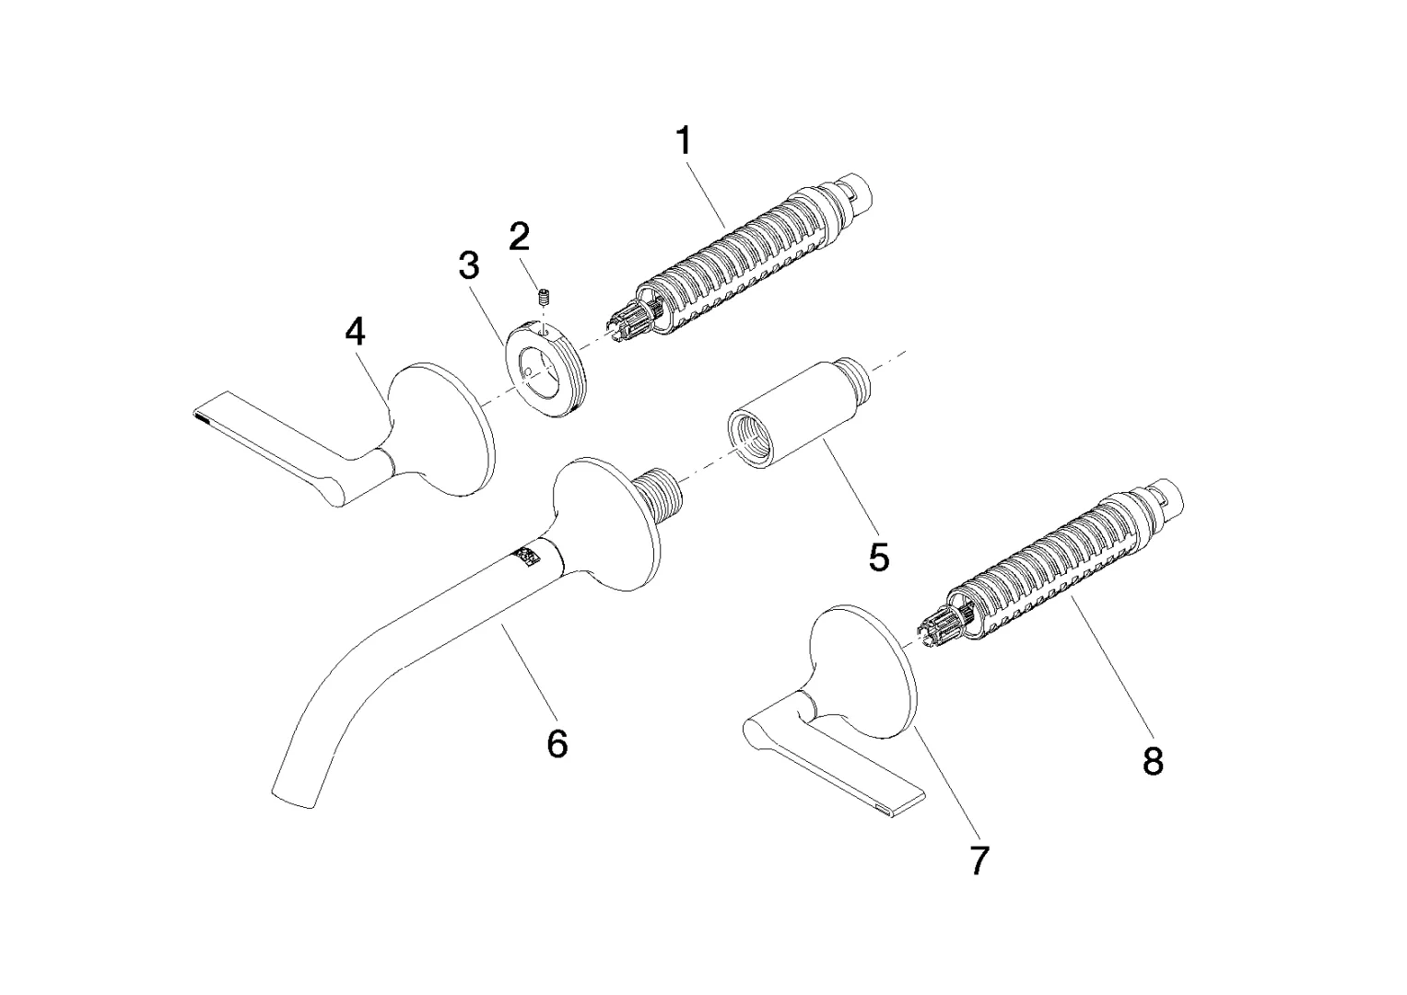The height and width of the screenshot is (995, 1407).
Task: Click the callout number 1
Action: [x=684, y=141]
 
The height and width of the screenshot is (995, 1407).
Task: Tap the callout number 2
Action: [x=519, y=236]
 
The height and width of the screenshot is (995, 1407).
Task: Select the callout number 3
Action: [x=469, y=265]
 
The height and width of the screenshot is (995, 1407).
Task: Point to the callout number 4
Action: [x=355, y=332]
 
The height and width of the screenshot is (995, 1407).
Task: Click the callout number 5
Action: [x=878, y=556]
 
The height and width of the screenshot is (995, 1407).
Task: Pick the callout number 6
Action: [x=557, y=743]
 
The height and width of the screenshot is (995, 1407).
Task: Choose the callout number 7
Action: [x=979, y=860]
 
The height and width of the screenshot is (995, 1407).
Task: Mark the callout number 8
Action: [x=1153, y=761]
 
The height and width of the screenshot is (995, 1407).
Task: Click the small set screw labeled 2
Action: [x=544, y=298]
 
